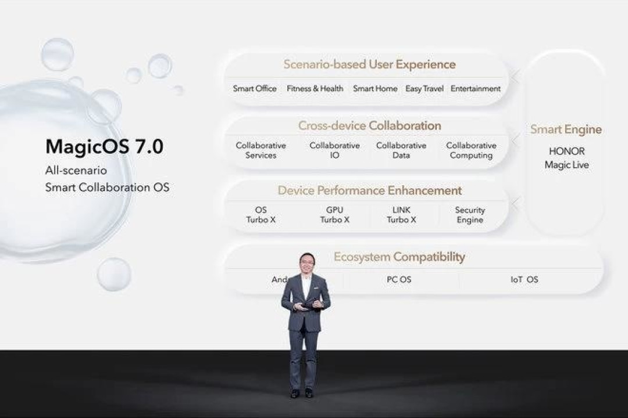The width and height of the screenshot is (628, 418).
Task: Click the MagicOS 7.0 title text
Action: pyautogui.click(x=104, y=147)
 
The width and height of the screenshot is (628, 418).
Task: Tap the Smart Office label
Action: pyautogui.click(x=255, y=89)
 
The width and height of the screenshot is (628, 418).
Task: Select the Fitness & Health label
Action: pyautogui.click(x=315, y=89)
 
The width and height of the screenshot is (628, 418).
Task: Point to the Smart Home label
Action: pyautogui.click(x=375, y=89)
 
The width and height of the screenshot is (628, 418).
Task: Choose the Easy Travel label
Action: pyautogui.click(x=424, y=89)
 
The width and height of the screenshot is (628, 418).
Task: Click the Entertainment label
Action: pyautogui.click(x=475, y=89)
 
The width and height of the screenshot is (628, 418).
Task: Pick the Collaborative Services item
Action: pyautogui.click(x=261, y=150)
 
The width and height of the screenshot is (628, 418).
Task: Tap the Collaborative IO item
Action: pyautogui.click(x=334, y=150)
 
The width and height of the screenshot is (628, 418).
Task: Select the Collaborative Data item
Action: pyautogui.click(x=401, y=150)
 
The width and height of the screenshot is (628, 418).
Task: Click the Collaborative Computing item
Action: pyautogui.click(x=471, y=150)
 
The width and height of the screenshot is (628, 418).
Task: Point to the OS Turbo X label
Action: pyautogui.click(x=261, y=215)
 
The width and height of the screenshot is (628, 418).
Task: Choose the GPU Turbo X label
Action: pyautogui.click(x=334, y=215)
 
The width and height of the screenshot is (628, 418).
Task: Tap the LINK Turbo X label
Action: pyautogui.click(x=401, y=215)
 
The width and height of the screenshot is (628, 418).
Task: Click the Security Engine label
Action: pyautogui.click(x=470, y=215)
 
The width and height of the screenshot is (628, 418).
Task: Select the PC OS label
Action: pyautogui.click(x=399, y=280)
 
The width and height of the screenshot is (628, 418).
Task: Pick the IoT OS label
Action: pyautogui.click(x=524, y=280)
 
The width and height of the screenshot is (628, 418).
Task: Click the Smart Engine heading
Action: pyautogui.click(x=566, y=129)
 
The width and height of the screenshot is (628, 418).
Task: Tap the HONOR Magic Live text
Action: pyautogui.click(x=566, y=158)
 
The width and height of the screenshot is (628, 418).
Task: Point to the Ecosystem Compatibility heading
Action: pyautogui.click(x=399, y=257)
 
